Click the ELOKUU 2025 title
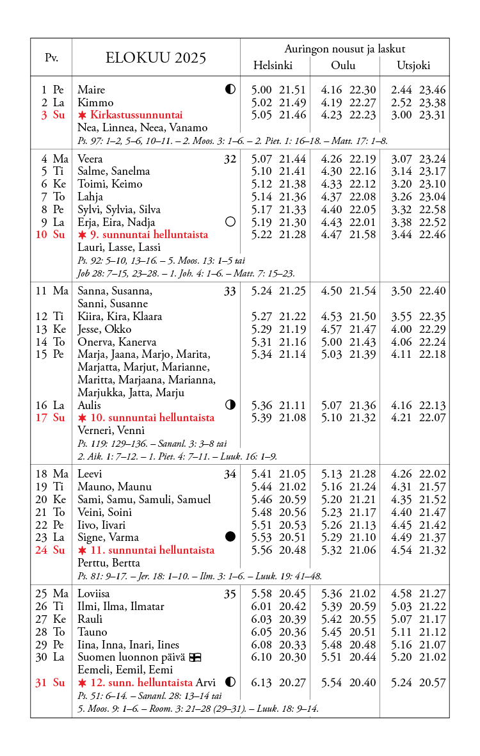156,58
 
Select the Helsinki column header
273,65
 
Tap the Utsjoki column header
413,65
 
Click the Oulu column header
343,65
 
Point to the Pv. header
51,58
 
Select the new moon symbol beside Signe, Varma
230,536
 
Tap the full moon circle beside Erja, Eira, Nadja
230,221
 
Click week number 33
230,292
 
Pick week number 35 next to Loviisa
230,594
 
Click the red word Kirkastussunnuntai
136,115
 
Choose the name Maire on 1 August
91,90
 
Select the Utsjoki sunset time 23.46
433,90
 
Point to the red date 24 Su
50,550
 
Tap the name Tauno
92,632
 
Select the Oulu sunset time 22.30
363,90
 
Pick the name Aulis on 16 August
90,405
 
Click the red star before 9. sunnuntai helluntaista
82,235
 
